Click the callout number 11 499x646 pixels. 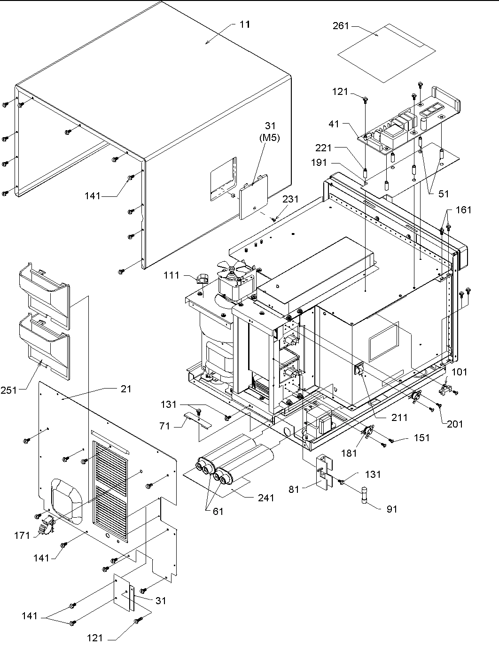point(244,24)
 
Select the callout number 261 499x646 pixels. point(341,26)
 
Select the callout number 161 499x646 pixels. point(463,210)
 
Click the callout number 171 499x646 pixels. point(22,535)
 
